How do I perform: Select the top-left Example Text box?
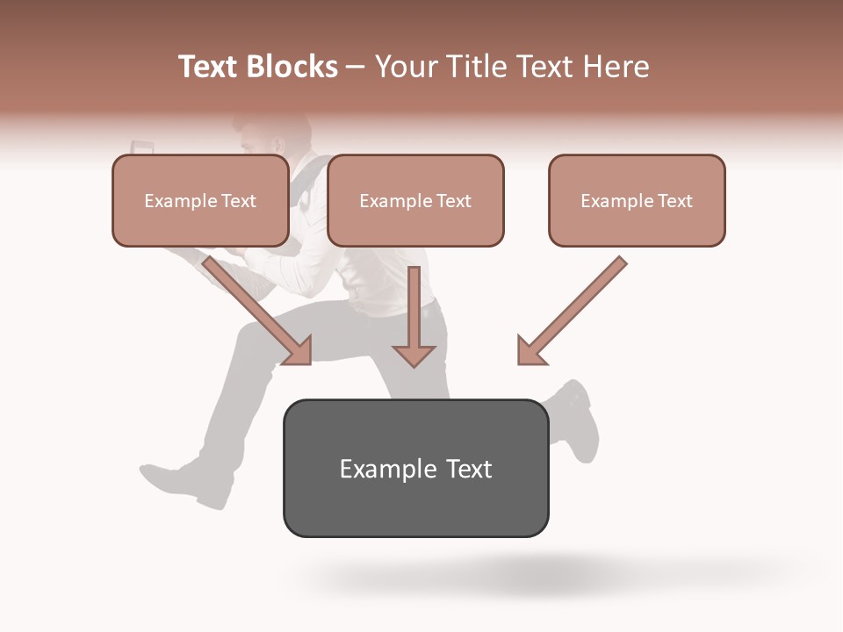pos(200,200)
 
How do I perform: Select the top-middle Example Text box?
pos(415,200)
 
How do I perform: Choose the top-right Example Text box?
pos(637,200)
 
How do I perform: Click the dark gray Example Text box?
pos(415,468)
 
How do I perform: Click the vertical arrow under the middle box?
pos(414,316)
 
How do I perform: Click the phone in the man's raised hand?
pos(141,147)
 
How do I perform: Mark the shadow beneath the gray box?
pos(527,575)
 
